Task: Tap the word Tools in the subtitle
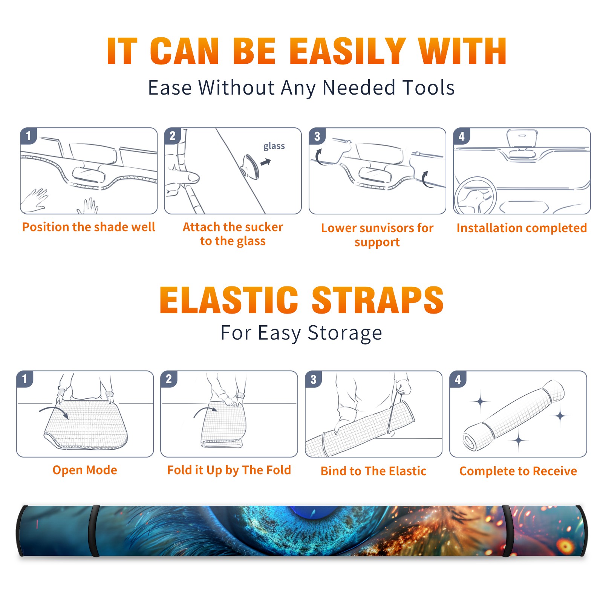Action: tap(429, 87)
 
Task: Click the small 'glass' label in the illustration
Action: tap(274, 146)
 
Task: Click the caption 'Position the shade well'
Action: tap(89, 227)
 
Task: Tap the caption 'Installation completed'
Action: tap(522, 228)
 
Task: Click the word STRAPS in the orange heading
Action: tap(378, 300)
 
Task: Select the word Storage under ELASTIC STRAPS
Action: tap(345, 333)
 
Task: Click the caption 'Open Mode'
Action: tap(85, 470)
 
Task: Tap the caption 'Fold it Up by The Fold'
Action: tap(229, 470)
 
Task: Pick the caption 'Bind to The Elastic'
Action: tap(373, 471)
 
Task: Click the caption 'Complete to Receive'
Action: tap(518, 471)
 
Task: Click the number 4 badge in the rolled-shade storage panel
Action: tap(458, 379)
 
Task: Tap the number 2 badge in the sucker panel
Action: tap(173, 136)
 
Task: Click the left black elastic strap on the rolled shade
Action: tap(94, 531)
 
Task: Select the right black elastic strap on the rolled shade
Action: tap(507, 531)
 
